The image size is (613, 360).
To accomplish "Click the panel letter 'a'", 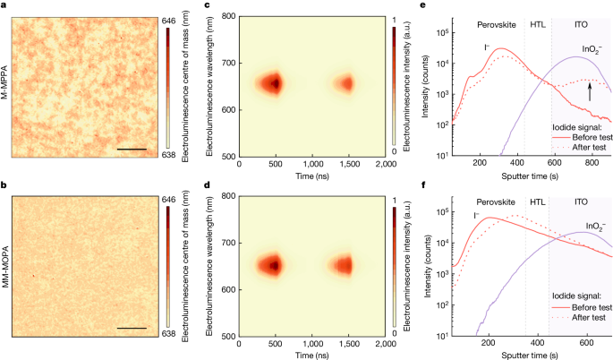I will click(4, 5).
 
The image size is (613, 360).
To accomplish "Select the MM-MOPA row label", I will click(6, 268).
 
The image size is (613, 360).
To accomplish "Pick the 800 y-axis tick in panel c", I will click(228, 15).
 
